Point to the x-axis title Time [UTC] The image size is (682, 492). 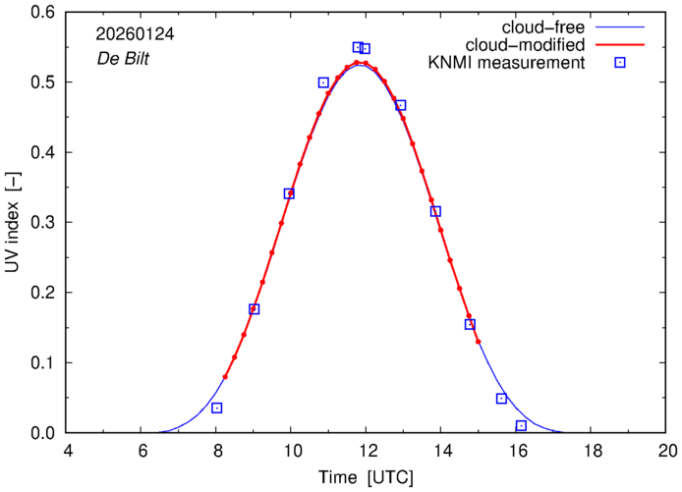[x=366, y=477]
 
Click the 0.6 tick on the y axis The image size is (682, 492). [x=43, y=13]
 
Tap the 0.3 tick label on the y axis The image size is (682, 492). [x=43, y=223]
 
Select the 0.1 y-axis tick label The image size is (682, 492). [x=43, y=362]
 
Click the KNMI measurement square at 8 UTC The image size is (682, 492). [x=216, y=408]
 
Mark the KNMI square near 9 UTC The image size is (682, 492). [x=254, y=308]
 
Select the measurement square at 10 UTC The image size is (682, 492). [x=289, y=193]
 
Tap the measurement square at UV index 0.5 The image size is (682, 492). [x=323, y=82]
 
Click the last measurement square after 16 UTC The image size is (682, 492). [x=521, y=425]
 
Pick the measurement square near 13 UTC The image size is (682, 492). [x=400, y=105]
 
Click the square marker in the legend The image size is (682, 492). [x=620, y=63]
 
